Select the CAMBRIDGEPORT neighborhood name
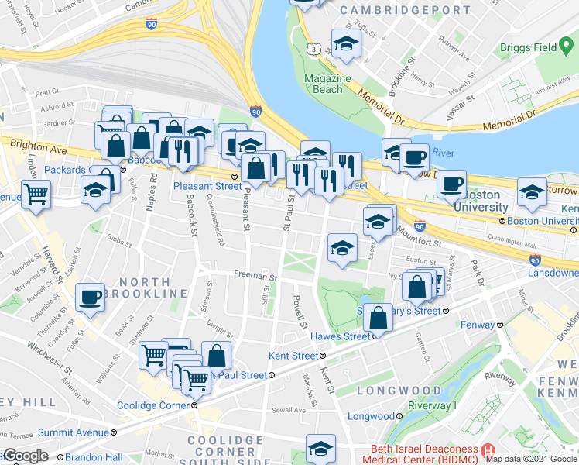coord(405,11)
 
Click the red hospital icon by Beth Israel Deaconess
coord(487,450)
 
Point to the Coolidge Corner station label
coord(153,405)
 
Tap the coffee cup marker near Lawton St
coord(90,297)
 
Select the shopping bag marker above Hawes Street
coord(379,317)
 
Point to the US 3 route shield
coord(313,49)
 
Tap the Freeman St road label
coord(255,277)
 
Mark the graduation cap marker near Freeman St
coord(341,248)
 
